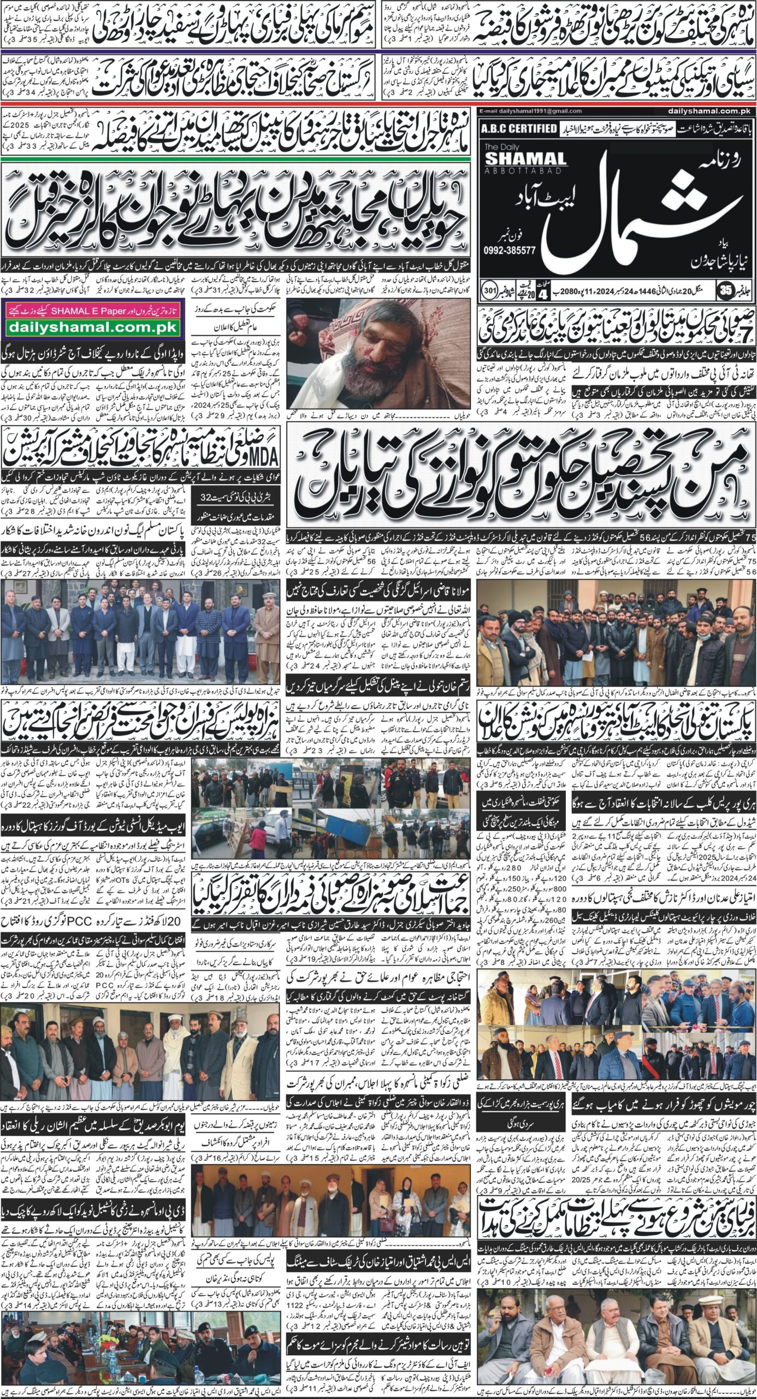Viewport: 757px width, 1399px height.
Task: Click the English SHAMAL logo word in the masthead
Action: (x=518, y=159)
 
